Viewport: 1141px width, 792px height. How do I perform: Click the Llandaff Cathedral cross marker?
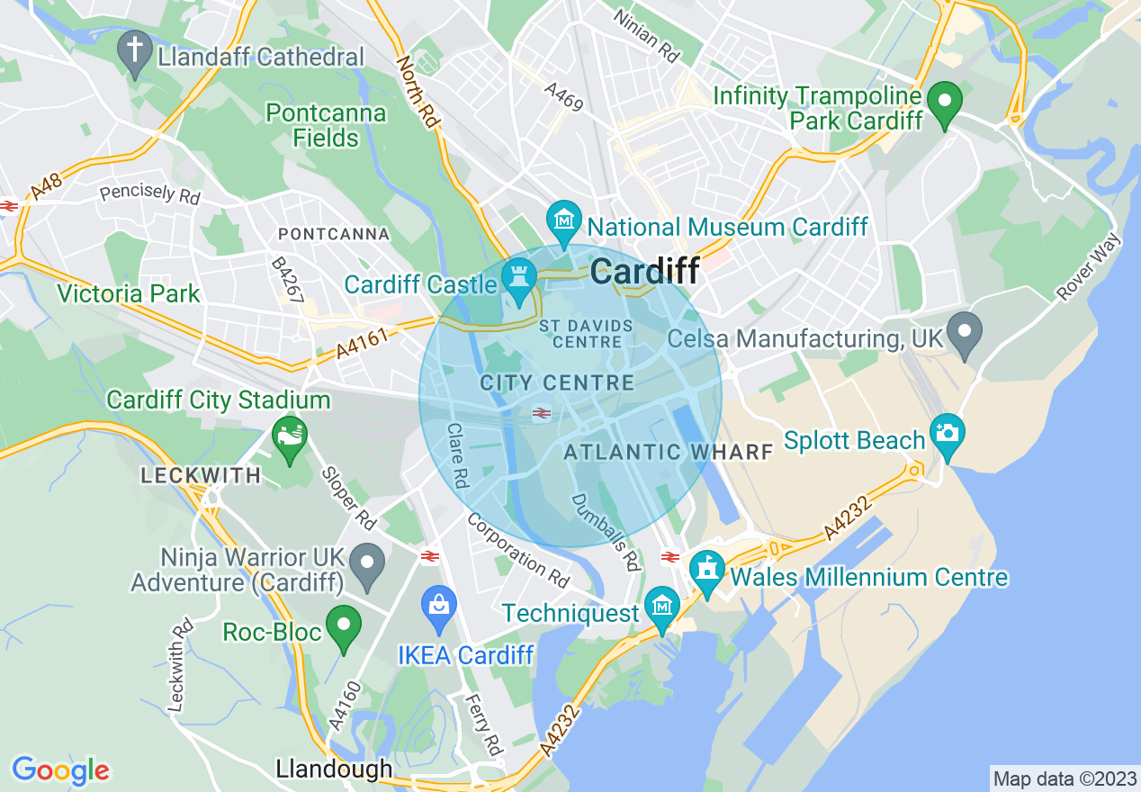(x=135, y=52)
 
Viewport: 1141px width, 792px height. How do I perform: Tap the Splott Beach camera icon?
(x=947, y=434)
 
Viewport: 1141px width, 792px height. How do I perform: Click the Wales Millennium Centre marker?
(x=707, y=571)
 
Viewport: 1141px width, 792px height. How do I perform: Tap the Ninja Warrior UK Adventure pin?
(x=367, y=563)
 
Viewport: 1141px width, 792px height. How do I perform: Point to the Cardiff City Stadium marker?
(x=289, y=438)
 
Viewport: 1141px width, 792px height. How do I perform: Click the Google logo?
(x=60, y=770)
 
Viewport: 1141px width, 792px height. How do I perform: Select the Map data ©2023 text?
(x=1063, y=778)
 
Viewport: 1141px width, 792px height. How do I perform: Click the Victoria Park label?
(x=128, y=293)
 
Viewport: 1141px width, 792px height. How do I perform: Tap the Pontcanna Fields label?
(x=326, y=126)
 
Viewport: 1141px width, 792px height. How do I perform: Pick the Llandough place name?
(x=334, y=769)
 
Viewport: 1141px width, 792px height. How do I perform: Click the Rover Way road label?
(x=1090, y=267)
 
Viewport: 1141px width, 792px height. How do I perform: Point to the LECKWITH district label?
(x=202, y=475)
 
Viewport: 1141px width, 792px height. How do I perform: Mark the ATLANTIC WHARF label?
(x=668, y=452)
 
